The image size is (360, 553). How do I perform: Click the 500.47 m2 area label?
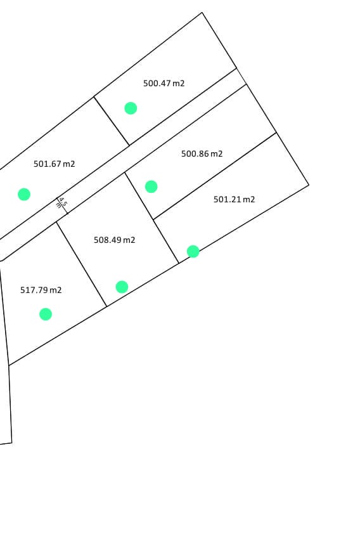pyautogui.click(x=164, y=83)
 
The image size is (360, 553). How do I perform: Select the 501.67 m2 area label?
pyautogui.click(x=54, y=164)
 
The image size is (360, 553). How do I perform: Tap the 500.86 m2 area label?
pyautogui.click(x=202, y=153)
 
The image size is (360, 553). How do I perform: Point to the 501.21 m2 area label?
pyautogui.click(x=234, y=199)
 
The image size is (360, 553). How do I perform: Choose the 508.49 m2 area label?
pyautogui.click(x=114, y=240)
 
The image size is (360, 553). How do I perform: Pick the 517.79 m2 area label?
pyautogui.click(x=41, y=290)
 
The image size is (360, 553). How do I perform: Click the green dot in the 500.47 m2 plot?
pyautogui.click(x=131, y=108)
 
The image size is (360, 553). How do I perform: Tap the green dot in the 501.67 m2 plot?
pyautogui.click(x=24, y=194)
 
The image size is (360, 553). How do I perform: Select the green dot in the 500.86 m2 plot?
pyautogui.click(x=151, y=186)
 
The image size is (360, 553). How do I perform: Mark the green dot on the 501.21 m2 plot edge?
pyautogui.click(x=193, y=252)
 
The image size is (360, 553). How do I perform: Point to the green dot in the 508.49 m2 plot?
pyautogui.click(x=122, y=287)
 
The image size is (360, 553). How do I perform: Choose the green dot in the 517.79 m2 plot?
pyautogui.click(x=46, y=314)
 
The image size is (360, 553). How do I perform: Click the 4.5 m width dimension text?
pyautogui.click(x=61, y=203)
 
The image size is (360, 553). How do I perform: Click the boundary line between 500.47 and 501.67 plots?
pyautogui.click(x=112, y=121)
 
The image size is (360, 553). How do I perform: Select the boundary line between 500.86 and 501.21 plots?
pyautogui.click(x=215, y=176)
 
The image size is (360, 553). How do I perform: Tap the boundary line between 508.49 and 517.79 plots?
pyautogui.click(x=82, y=264)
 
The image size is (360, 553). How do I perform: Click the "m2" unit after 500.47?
pyautogui.click(x=178, y=84)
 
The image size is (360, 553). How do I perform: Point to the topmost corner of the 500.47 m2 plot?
pyautogui.click(x=202, y=13)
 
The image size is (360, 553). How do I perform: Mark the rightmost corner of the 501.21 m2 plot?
pyautogui.click(x=309, y=185)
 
